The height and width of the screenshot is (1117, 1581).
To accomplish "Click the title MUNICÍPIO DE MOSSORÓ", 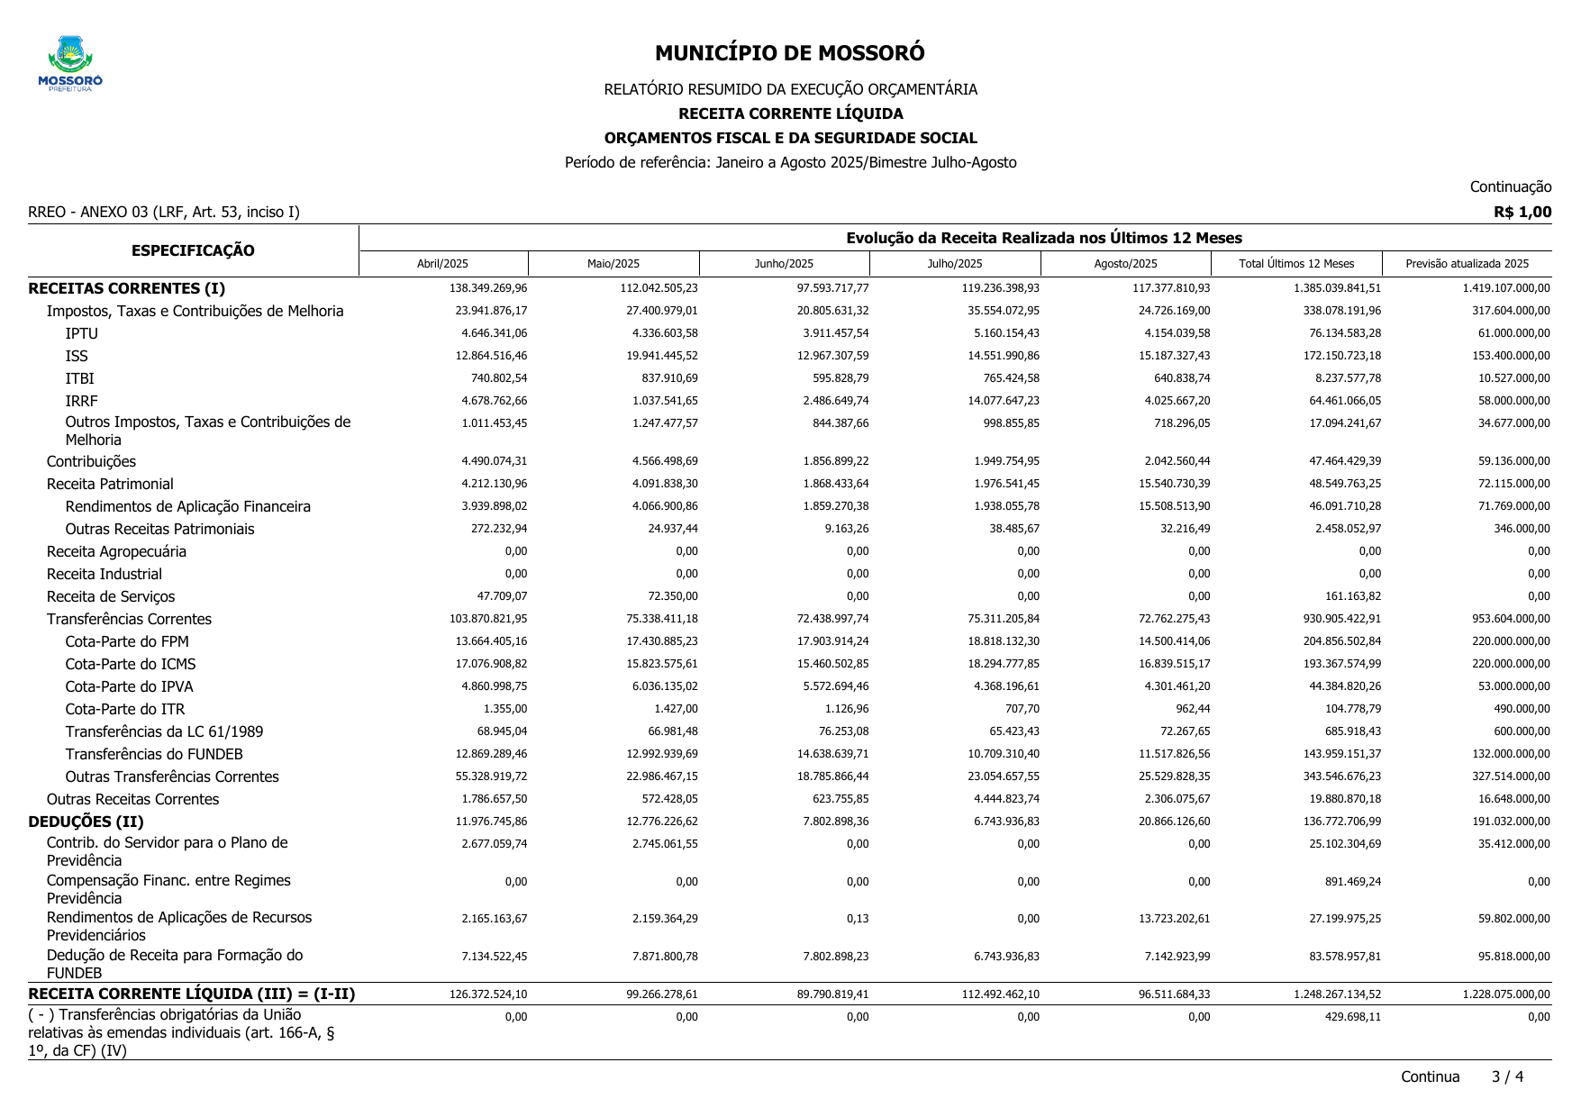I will tap(789, 53).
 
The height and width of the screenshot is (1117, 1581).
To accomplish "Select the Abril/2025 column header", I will tap(442, 264).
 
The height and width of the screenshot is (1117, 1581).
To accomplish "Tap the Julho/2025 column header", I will tap(955, 264).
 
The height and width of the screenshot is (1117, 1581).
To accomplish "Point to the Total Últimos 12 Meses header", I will tap(1296, 264).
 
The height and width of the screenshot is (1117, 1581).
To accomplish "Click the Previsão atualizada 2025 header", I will tap(1467, 264).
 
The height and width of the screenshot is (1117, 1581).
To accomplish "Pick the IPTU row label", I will tap(81, 333).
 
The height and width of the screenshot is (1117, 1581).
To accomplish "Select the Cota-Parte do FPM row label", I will tap(127, 641).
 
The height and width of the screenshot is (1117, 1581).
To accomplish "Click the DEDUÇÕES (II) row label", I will tap(86, 822).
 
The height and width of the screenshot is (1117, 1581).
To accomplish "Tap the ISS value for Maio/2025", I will tap(665, 356).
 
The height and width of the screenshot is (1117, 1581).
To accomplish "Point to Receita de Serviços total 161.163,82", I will tap(1346, 596).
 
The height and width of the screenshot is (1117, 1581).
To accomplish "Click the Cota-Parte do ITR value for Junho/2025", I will tap(847, 709).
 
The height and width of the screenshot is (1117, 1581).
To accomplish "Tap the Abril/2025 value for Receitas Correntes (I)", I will tap(488, 288).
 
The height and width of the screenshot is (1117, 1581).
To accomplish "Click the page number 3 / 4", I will tap(1507, 1076).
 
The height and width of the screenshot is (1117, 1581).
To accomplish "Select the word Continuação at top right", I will tap(1510, 186).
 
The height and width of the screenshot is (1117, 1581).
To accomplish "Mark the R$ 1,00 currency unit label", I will tap(1522, 212).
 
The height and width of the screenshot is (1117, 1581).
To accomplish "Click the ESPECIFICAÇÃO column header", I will tap(193, 250).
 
